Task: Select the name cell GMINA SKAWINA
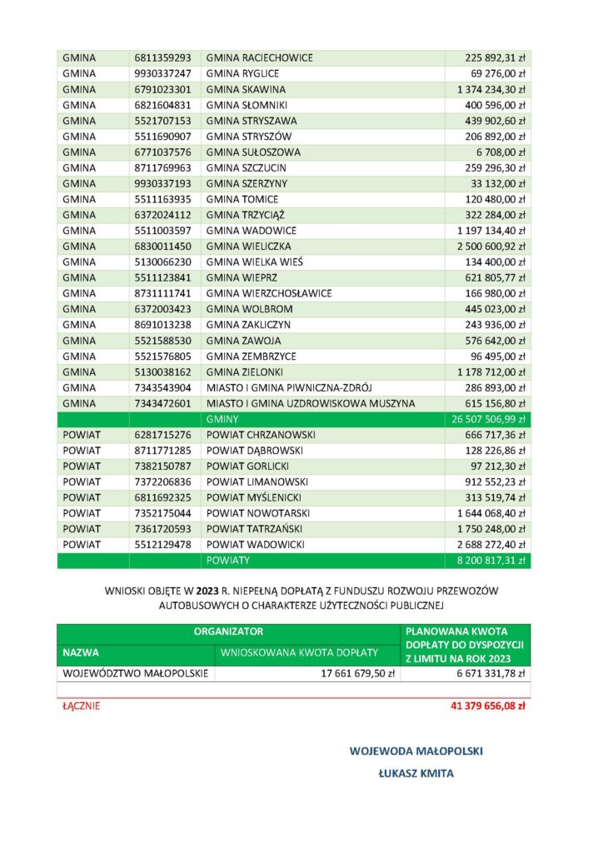pyautogui.click(x=246, y=89)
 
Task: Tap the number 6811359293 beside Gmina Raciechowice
pyautogui.click(x=162, y=58)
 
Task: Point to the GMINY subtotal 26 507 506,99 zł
pyautogui.click(x=486, y=419)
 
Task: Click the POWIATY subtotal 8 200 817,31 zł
pyautogui.click(x=490, y=561)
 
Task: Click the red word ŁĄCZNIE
pyautogui.click(x=82, y=706)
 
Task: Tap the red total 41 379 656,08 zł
pyautogui.click(x=486, y=706)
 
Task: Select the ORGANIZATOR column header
pyautogui.click(x=228, y=632)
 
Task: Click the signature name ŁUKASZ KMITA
pyautogui.click(x=416, y=774)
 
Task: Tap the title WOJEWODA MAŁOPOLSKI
pyautogui.click(x=416, y=751)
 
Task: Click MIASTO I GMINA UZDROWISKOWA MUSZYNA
pyautogui.click(x=311, y=403)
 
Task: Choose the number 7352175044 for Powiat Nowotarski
pyautogui.click(x=162, y=513)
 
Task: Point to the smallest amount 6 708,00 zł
pyautogui.click(x=500, y=152)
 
